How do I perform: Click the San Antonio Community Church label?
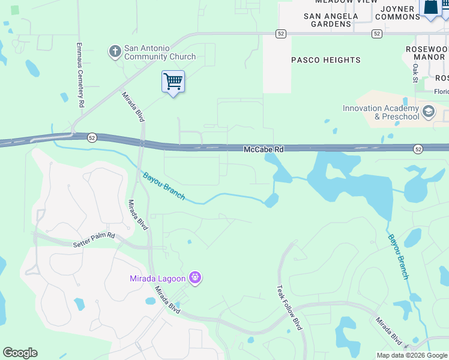point(160,52)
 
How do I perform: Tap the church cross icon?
point(115,52)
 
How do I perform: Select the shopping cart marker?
point(173,82)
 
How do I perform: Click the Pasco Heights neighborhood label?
point(326,60)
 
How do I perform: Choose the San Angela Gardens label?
point(327,20)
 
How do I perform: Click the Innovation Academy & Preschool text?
point(381,112)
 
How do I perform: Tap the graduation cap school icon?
point(429,112)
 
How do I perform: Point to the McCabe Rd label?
point(263,148)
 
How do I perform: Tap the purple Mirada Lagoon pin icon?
point(194,278)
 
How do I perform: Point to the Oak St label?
point(415,73)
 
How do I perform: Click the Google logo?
point(20,353)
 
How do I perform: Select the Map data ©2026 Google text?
point(411,355)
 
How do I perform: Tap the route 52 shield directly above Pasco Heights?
point(280,34)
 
